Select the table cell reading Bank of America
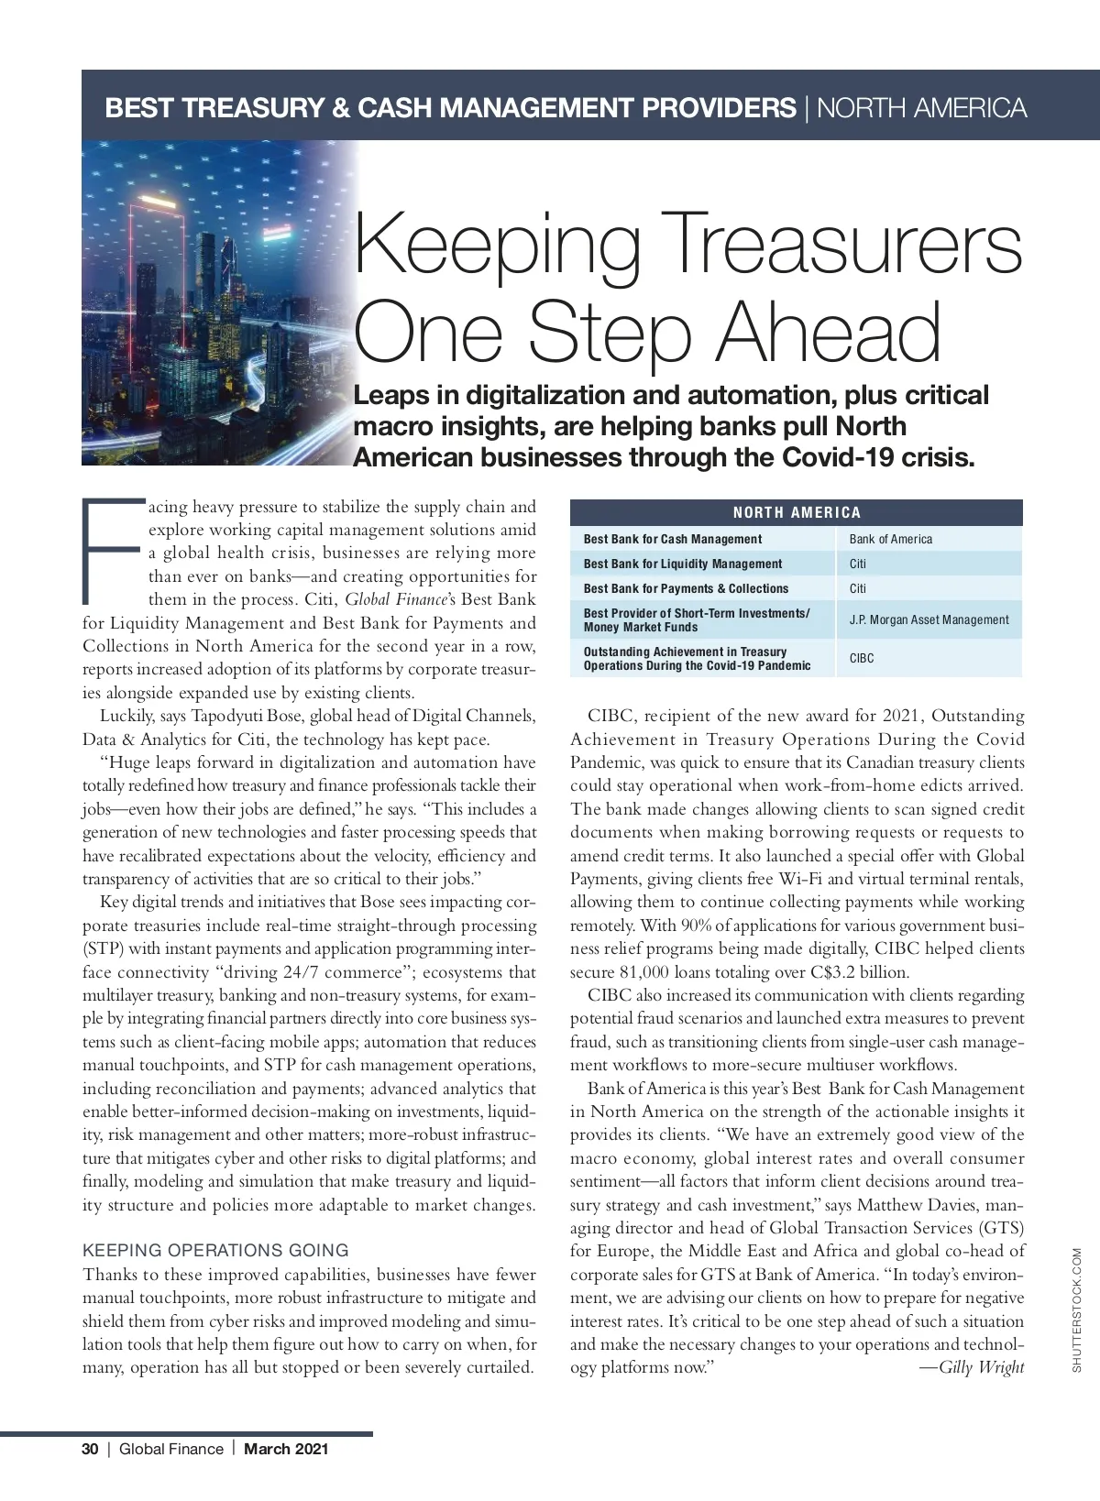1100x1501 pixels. (x=890, y=539)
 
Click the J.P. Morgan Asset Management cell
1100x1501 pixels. (x=929, y=619)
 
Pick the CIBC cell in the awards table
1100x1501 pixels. (x=862, y=658)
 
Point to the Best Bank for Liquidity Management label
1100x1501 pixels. (x=683, y=564)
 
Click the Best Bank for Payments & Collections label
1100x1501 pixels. (x=686, y=588)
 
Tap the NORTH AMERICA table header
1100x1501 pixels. (x=796, y=512)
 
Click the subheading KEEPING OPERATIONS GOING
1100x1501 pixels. (x=215, y=1250)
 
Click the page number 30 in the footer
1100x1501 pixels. (x=90, y=1449)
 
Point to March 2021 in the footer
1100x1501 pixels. (x=285, y=1449)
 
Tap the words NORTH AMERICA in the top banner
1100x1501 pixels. (x=921, y=108)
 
